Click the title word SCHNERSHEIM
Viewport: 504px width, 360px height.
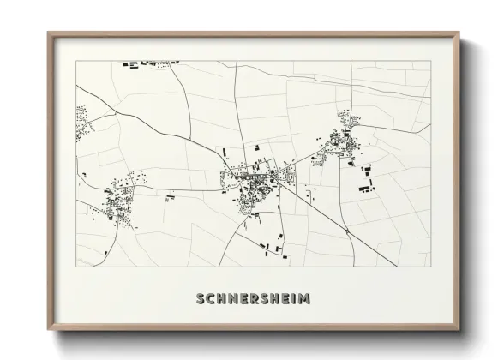point(253,299)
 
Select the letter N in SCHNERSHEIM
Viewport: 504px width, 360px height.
point(233,299)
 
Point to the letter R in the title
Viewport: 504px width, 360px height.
point(255,299)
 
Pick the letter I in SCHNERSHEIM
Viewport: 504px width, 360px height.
point(294,299)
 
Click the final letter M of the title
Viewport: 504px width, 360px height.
point(304,299)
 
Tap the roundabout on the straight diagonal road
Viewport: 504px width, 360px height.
point(344,231)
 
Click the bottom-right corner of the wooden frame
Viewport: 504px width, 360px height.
point(459,329)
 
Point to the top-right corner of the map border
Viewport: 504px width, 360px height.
point(430,61)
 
